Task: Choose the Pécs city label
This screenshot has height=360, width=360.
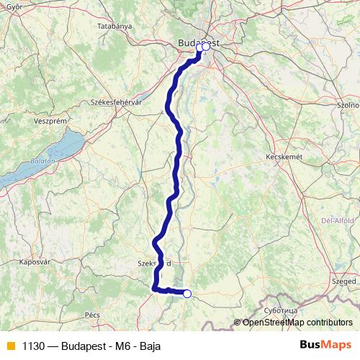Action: pos(91,315)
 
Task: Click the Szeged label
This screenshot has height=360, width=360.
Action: pos(343,281)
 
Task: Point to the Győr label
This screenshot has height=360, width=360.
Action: pos(9,6)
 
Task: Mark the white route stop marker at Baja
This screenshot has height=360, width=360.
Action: pos(187,293)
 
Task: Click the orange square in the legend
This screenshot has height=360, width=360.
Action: pos(10,345)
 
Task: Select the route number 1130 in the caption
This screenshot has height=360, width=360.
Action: pos(33,345)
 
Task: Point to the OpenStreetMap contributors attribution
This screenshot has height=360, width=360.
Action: pos(297,322)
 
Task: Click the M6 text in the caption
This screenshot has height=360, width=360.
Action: pos(120,345)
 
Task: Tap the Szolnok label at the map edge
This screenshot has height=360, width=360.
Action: pos(349,104)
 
